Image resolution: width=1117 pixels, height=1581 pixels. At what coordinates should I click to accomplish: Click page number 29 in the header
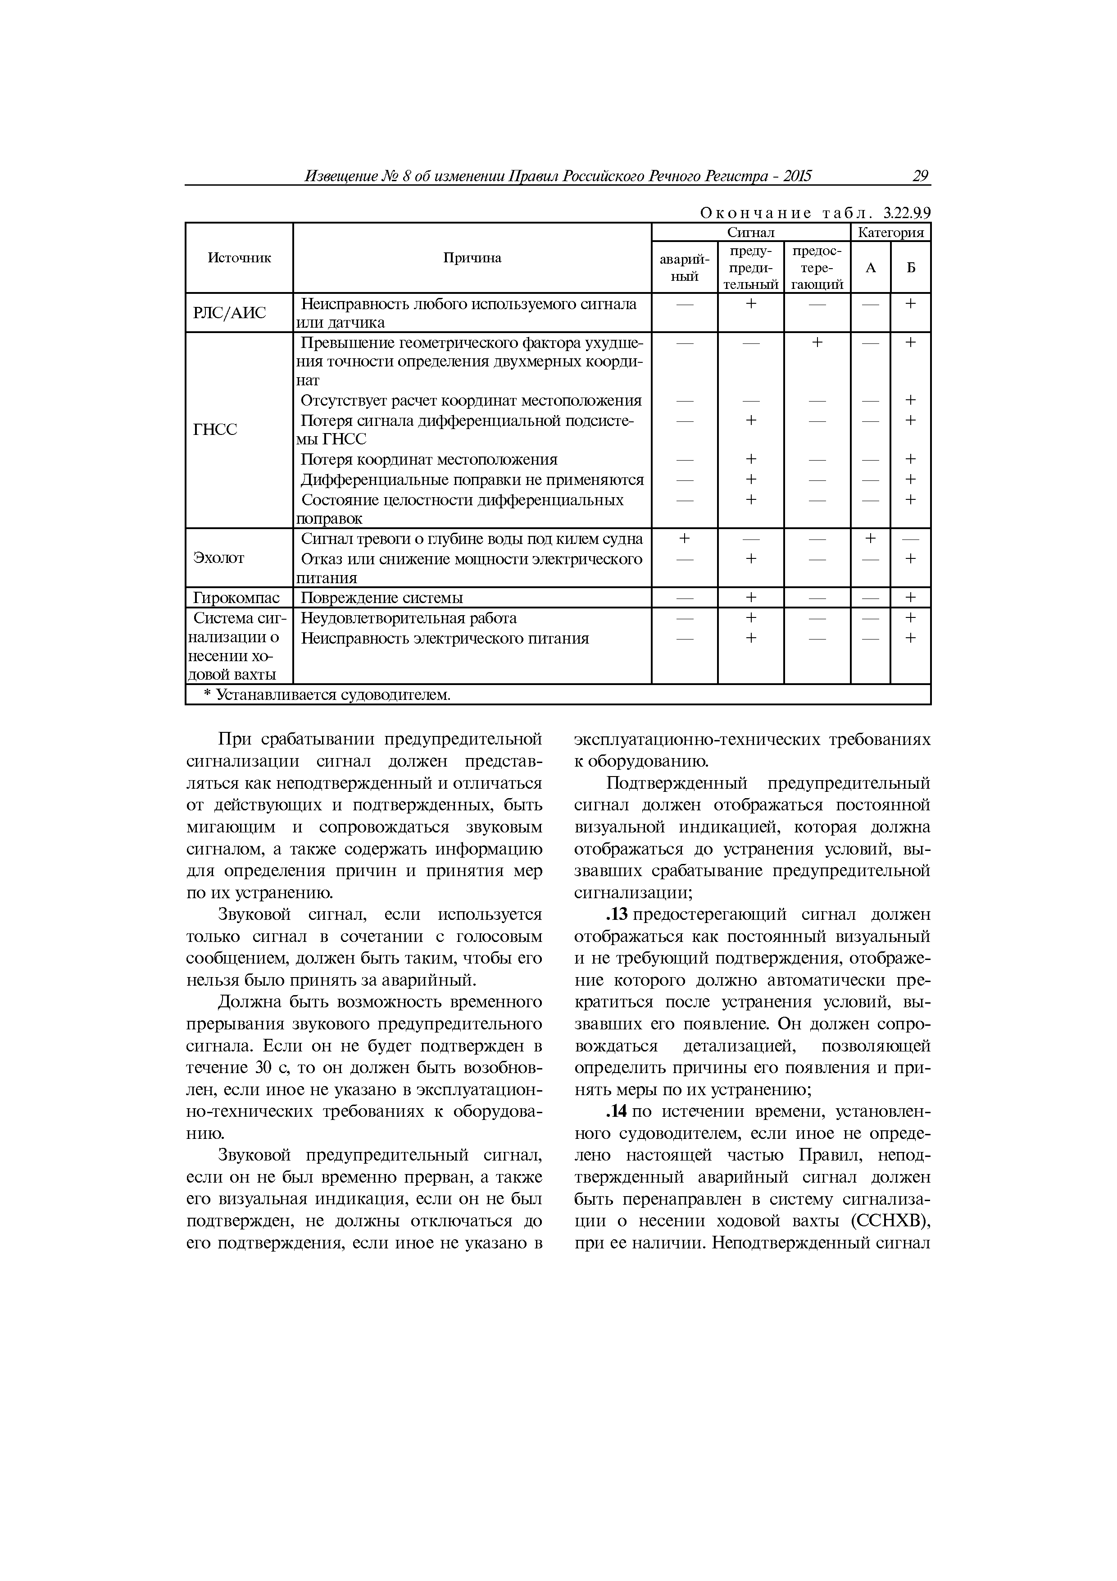(920, 176)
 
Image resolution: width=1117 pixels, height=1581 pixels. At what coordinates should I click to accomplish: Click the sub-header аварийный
(684, 268)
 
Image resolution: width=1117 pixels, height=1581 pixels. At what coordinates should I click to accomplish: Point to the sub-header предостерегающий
(817, 268)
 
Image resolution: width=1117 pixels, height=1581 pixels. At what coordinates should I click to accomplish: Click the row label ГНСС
(215, 430)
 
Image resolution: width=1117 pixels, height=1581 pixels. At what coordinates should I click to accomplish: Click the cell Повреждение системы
(382, 598)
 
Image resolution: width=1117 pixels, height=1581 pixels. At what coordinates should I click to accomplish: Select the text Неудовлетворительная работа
(409, 618)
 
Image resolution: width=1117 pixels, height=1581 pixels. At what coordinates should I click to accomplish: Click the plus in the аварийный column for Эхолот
(684, 538)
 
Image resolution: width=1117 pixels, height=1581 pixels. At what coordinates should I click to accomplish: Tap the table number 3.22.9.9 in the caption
(906, 214)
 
